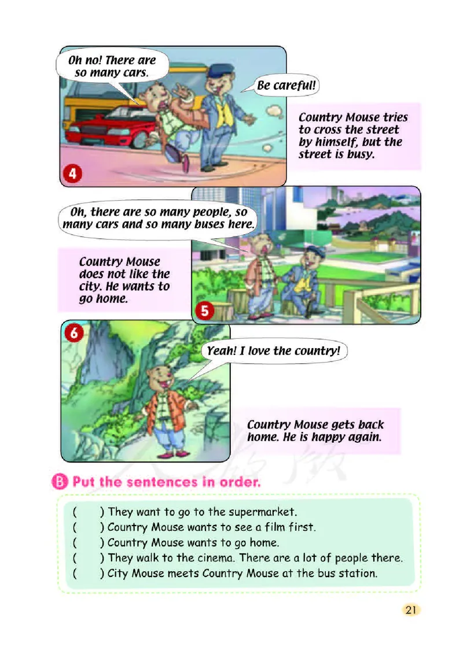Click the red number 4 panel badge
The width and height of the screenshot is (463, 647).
click(72, 173)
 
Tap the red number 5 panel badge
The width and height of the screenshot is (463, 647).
click(205, 310)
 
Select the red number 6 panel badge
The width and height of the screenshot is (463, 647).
click(74, 332)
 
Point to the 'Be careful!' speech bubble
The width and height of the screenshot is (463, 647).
click(286, 86)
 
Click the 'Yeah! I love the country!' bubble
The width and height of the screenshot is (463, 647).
click(273, 351)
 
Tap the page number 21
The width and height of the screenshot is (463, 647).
click(410, 610)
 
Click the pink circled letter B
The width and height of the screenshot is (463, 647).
click(60, 482)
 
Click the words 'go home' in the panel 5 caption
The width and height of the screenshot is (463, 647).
click(103, 299)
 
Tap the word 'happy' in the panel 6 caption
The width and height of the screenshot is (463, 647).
click(327, 437)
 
